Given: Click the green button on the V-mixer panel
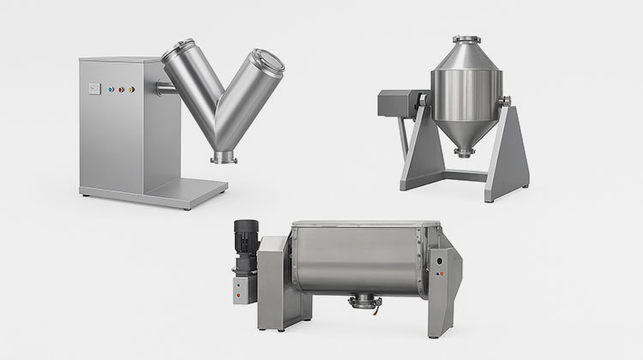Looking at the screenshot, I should pyautogui.click(x=122, y=87).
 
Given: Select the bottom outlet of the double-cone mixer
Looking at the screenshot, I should pyautogui.click(x=463, y=153).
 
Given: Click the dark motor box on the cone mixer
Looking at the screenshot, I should pyautogui.click(x=396, y=105).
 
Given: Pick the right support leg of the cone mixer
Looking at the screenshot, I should pyautogui.click(x=507, y=154).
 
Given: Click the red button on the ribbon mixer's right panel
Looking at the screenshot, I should pyautogui.click(x=440, y=273).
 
